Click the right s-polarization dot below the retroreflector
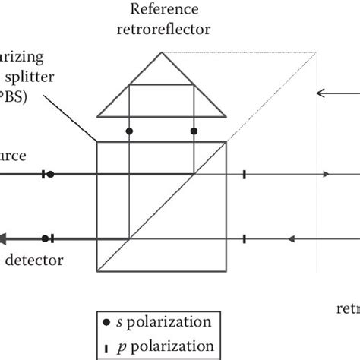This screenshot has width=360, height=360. pyautogui.click(x=194, y=131)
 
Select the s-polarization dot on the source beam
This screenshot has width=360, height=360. pyautogui.click(x=50, y=174)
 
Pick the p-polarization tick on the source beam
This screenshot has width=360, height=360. pyautogui.click(x=43, y=174)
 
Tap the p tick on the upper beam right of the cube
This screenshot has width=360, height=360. pyautogui.click(x=244, y=174)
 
